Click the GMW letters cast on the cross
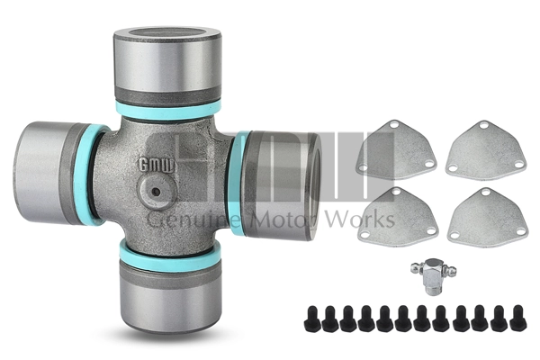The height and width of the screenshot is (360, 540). point(151,164)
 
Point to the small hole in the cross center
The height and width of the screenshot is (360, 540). point(156,192)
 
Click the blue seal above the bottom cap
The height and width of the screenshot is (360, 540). point(170,254)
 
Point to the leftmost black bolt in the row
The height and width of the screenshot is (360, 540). point(311,317)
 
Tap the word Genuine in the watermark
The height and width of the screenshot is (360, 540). point(185,220)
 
